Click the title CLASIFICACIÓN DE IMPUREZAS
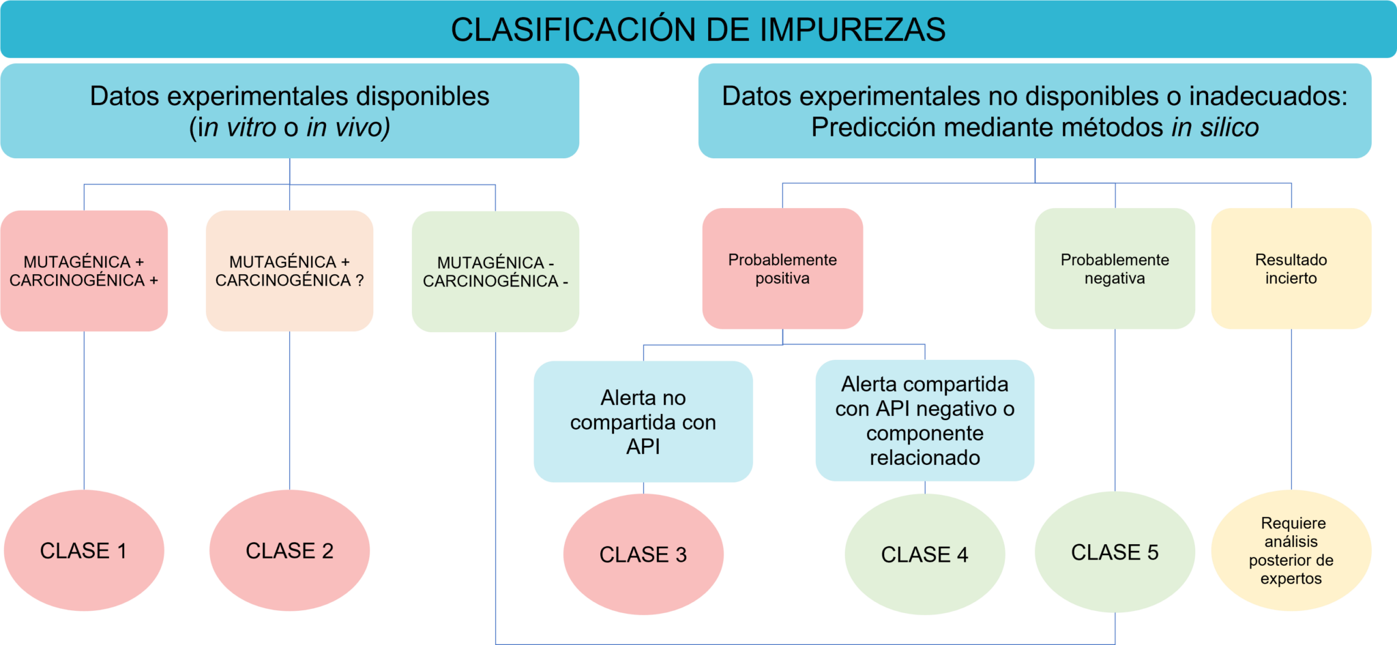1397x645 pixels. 698,29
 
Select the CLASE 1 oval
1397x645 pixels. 84,550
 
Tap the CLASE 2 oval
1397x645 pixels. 289,550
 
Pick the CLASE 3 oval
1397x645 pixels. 643,554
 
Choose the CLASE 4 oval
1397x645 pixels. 925,554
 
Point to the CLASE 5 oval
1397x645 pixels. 1115,552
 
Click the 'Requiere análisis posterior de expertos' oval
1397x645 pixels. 1291,550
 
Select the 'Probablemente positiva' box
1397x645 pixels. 782,269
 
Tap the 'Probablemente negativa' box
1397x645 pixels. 1115,269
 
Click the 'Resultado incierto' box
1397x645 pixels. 1291,269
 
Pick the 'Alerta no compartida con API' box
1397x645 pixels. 643,421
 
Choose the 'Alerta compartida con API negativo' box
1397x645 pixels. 925,421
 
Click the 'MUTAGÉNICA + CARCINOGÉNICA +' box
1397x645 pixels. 84,271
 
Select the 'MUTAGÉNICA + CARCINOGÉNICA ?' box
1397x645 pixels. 289,271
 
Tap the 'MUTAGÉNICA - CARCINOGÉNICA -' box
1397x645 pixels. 495,271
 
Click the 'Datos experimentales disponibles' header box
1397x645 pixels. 290,111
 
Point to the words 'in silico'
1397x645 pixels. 1216,127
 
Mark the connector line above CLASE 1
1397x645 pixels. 84,410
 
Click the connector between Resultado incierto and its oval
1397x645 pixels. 1291,409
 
